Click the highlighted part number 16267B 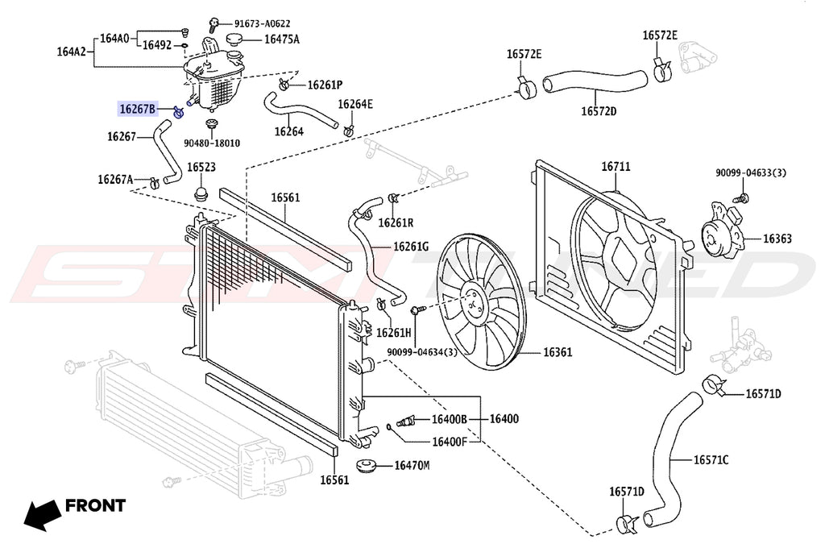coord(138,108)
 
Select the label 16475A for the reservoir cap coord(281,39)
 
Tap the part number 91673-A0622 coord(262,23)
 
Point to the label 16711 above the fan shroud coord(616,167)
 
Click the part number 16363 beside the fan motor coord(777,239)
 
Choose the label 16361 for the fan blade coord(557,352)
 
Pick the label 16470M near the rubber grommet coord(412,465)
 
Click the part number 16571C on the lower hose coord(711,460)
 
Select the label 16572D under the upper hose coord(599,110)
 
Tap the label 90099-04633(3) coord(751,172)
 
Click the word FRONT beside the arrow coord(95,506)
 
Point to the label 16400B coord(449,419)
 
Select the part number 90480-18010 coord(211,143)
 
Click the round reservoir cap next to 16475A coord(236,39)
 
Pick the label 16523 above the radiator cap coord(201,168)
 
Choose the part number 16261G coord(411,247)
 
